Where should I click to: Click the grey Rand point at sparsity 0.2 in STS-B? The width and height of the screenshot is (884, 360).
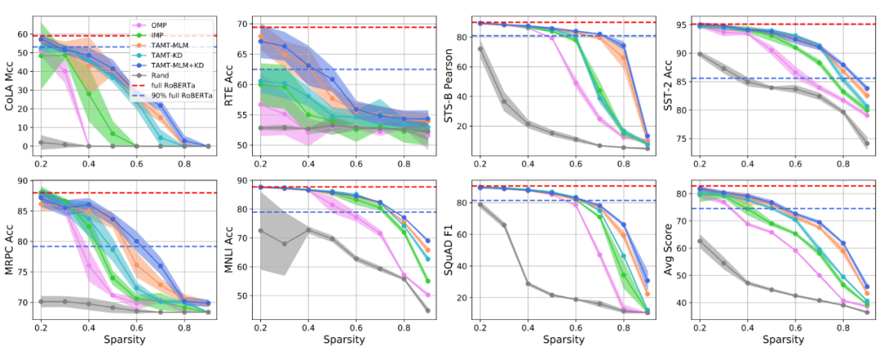(x=480, y=49)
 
